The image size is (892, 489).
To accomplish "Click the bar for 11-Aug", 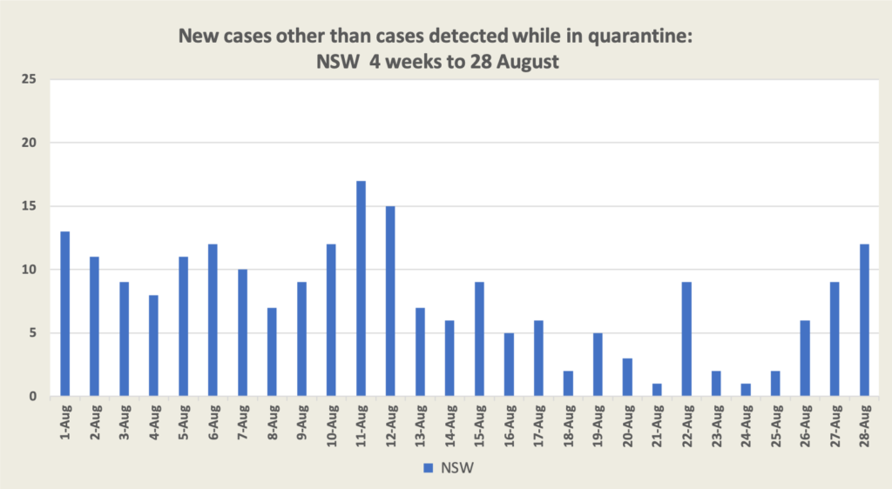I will pos(361,289).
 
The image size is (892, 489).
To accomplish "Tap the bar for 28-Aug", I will pos(865,320).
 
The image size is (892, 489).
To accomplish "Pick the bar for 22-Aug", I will pos(687,339).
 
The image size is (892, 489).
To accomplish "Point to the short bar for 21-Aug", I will pos(658,390).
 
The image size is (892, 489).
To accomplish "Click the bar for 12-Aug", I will pos(390,301).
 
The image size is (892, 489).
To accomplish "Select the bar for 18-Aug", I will pos(568,384).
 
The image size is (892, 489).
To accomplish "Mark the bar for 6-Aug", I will pos(213,320).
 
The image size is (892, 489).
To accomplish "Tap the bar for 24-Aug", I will pos(747,390).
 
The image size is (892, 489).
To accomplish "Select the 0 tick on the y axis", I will pos(34,397).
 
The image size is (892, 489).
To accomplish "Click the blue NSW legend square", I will pos(428,468).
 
